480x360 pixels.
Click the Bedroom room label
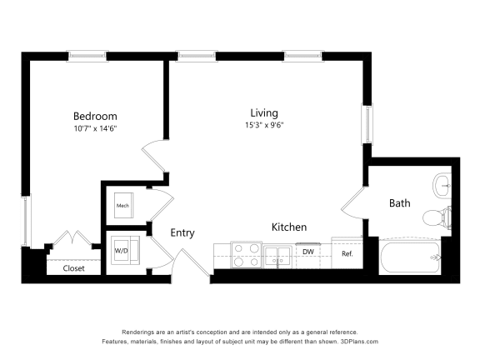point(94,116)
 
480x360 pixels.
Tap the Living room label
point(264,112)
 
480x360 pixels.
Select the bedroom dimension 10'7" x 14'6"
point(94,128)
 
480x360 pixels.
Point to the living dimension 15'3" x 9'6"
point(264,126)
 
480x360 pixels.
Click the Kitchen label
point(289,227)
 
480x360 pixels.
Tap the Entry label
point(182,232)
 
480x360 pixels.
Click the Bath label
point(399,202)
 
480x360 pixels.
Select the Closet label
point(73,268)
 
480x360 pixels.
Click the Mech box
point(122,205)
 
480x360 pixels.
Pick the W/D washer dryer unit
point(122,250)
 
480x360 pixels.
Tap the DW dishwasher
point(307,252)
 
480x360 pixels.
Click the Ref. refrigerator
point(347,253)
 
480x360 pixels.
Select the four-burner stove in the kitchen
point(246,254)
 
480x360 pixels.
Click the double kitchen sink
point(278,255)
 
